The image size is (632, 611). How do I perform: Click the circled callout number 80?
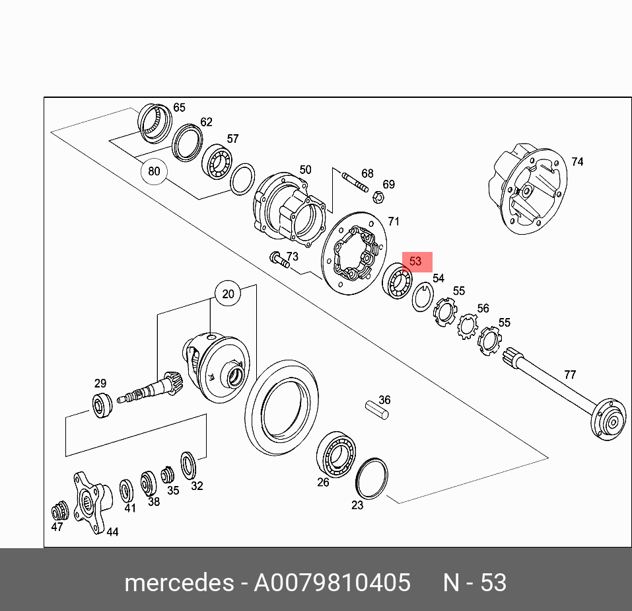(154, 171)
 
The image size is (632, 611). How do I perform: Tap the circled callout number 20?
(228, 294)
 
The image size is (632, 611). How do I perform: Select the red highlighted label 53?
(417, 262)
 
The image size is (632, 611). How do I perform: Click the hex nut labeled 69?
(378, 197)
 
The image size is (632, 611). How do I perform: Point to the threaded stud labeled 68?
(355, 182)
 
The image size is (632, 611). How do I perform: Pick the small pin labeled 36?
(377, 411)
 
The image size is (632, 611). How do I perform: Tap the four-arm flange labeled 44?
(92, 502)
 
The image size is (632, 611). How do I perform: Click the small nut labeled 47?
(60, 511)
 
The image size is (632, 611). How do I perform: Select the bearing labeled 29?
(102, 405)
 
